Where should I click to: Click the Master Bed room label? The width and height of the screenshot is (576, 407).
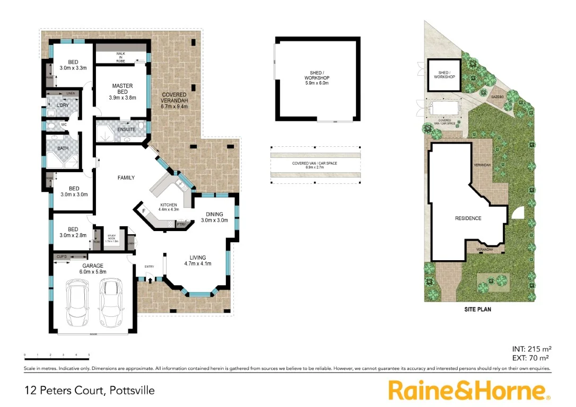pyautogui.click(x=123, y=92)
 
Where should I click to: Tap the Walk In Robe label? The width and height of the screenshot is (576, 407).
pyautogui.click(x=121, y=57)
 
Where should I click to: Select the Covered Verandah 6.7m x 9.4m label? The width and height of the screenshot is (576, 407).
pyautogui.click(x=174, y=100)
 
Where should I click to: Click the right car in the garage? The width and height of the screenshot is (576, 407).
pyautogui.click(x=110, y=303)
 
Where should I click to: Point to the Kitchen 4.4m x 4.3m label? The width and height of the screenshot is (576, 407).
pyautogui.click(x=169, y=207)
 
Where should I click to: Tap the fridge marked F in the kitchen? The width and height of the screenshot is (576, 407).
pyautogui.click(x=143, y=211)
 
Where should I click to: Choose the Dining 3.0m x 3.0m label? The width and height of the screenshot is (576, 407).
pyautogui.click(x=214, y=217)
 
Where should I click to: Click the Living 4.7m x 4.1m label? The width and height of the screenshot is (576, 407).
pyautogui.click(x=198, y=261)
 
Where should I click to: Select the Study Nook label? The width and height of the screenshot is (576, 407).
pyautogui.click(x=112, y=239)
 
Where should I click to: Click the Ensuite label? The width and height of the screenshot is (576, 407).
pyautogui.click(x=126, y=129)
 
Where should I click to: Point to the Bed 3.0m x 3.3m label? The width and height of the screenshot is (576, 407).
pyautogui.click(x=73, y=65)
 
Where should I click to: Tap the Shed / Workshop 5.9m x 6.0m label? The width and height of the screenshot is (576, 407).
pyautogui.click(x=317, y=78)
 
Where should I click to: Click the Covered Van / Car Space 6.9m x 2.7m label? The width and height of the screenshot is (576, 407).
pyautogui.click(x=315, y=165)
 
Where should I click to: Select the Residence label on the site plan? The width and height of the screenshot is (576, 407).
pyautogui.click(x=468, y=218)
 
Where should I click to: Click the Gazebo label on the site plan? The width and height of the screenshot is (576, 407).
pyautogui.click(x=497, y=97)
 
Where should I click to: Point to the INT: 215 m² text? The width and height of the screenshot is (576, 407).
pyautogui.click(x=531, y=349)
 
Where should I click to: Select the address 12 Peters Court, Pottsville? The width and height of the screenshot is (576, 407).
pyautogui.click(x=90, y=391)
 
